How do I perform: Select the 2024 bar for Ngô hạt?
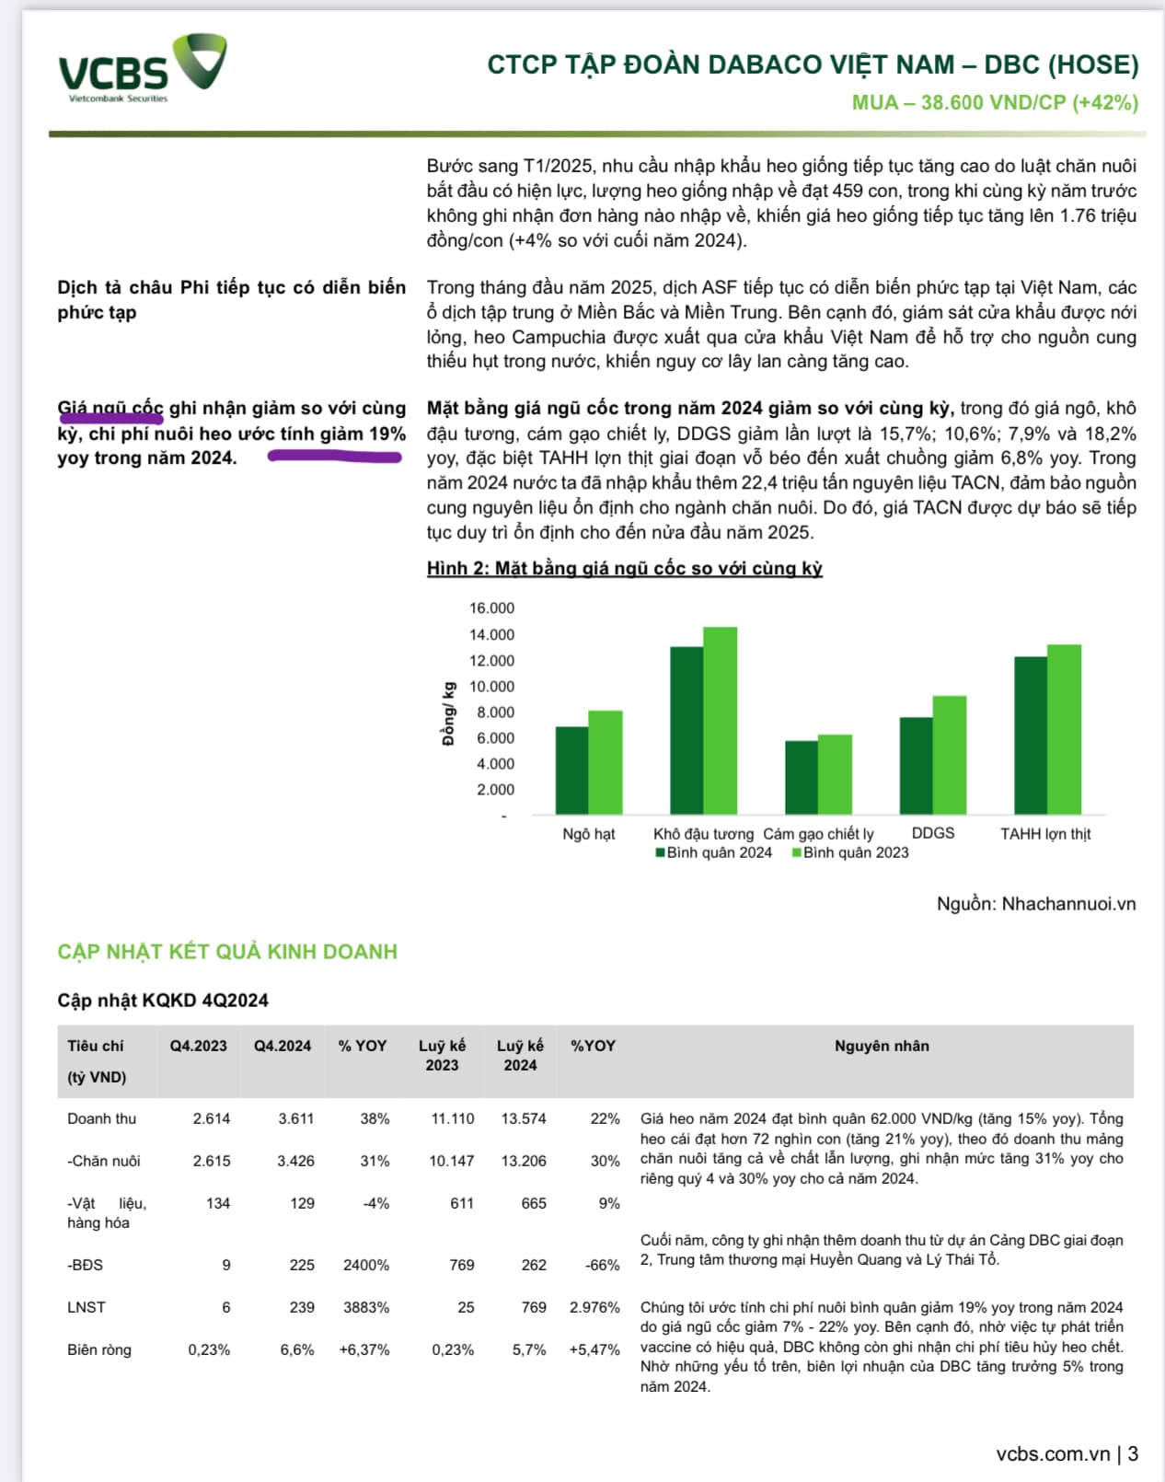(571, 770)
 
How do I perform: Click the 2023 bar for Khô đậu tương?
(720, 721)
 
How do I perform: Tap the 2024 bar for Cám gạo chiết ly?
(801, 778)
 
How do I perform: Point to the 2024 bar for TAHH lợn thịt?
(1030, 735)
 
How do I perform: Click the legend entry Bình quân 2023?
(849, 852)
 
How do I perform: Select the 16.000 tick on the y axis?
(491, 608)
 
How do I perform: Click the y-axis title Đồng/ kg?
(448, 713)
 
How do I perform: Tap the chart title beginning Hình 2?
(624, 568)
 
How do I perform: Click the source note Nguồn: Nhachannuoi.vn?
(1035, 904)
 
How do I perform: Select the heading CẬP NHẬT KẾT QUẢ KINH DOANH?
(227, 952)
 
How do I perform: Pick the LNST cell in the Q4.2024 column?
(302, 1307)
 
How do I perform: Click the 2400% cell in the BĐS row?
(365, 1265)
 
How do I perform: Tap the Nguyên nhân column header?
(881, 1046)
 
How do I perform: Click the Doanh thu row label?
(101, 1118)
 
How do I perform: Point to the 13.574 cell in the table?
(523, 1118)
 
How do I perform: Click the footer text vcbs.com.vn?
(1053, 1453)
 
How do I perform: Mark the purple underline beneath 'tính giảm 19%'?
(334, 456)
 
